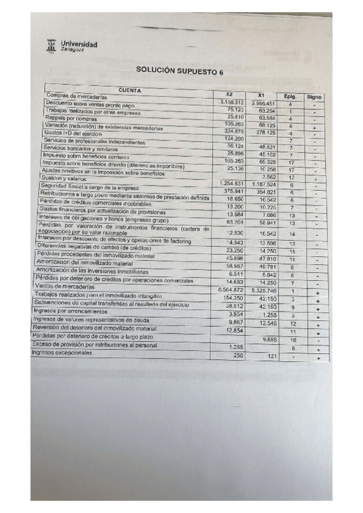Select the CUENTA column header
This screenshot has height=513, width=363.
tap(130, 90)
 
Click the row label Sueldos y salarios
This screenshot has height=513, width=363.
tap(59, 178)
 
